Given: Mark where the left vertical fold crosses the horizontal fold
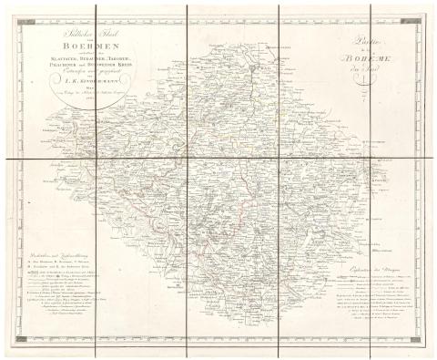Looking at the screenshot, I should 187,160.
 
